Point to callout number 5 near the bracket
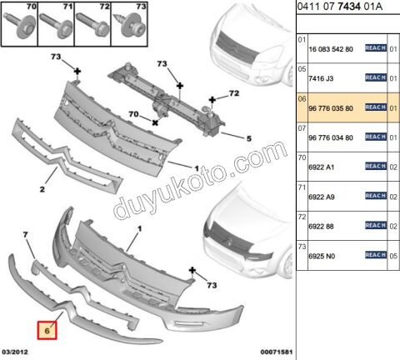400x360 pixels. click(248, 137)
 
